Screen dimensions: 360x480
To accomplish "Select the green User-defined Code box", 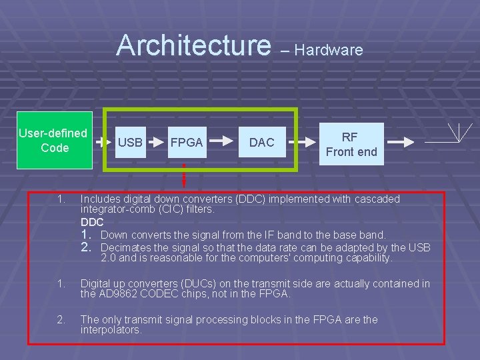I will [53, 141].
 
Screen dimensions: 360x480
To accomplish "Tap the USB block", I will [130, 142].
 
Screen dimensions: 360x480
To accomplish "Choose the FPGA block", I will [187, 142].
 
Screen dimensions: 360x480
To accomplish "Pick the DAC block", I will [261, 142].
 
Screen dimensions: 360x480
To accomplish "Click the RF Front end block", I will [351, 144].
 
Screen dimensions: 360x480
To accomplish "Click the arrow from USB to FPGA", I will [155, 142].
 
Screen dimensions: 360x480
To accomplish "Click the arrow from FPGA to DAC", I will [223, 142].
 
